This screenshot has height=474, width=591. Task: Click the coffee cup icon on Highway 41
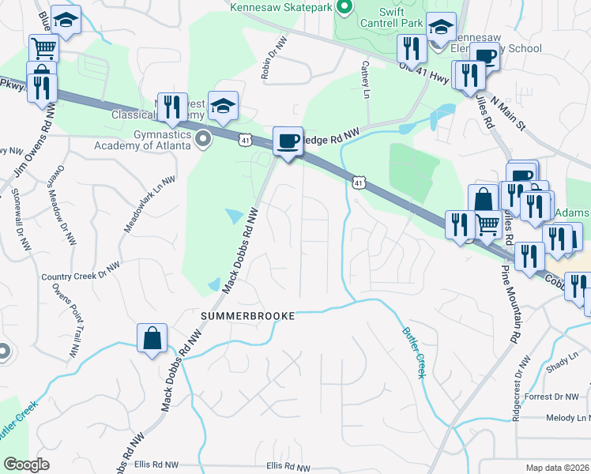tap(288, 141)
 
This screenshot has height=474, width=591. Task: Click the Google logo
tap(27, 465)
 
